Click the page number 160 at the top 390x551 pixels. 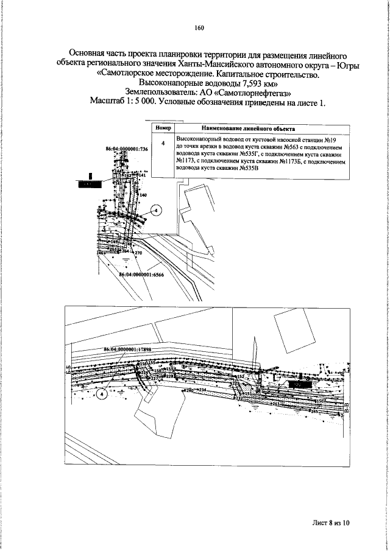pyautogui.click(x=199, y=27)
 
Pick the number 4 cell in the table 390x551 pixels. pyautogui.click(x=162, y=144)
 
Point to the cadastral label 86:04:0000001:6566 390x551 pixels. pyautogui.click(x=141, y=275)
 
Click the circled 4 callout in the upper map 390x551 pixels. pyautogui.click(x=155, y=211)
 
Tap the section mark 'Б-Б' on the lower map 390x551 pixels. pyautogui.click(x=68, y=370)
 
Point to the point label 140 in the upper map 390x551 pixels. pyautogui.click(x=143, y=195)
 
